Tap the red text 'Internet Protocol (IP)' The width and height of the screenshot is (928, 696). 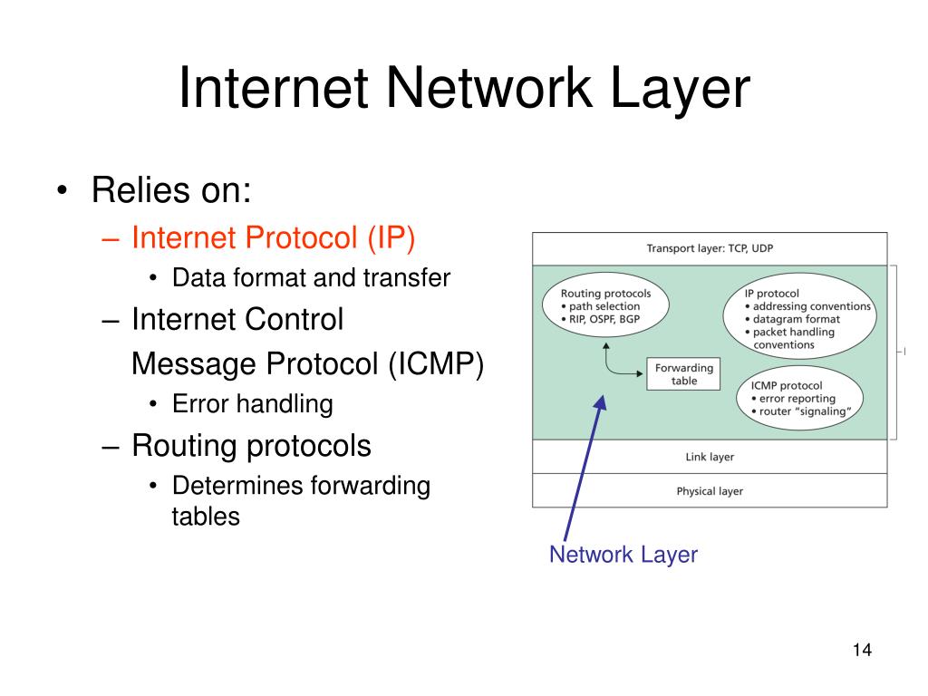pos(273,238)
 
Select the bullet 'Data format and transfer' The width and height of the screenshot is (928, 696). pos(311,277)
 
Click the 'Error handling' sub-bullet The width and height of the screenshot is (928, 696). pos(252,403)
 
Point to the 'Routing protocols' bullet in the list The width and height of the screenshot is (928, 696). pos(251,445)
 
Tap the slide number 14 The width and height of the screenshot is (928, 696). pos(861,651)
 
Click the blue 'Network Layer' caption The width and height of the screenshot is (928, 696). pos(623,555)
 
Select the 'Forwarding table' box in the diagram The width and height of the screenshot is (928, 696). pos(684,374)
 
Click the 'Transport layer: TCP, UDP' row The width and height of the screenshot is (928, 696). pos(710,248)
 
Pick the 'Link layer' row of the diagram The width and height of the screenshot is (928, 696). pos(710,457)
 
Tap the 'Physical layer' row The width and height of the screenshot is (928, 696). pos(710,491)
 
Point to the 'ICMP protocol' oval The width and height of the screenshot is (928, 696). pos(799,399)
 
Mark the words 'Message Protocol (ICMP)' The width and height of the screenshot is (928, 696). pos(307,363)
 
